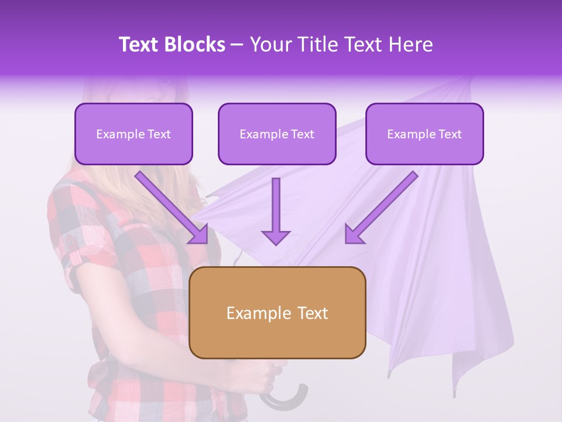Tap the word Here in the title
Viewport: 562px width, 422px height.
point(410,45)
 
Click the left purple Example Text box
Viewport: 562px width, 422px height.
point(133,134)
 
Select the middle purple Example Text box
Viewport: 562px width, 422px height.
point(277,134)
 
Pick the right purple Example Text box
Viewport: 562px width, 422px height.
point(424,134)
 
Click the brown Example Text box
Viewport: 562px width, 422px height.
point(277,313)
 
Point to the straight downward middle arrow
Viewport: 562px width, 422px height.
point(276,211)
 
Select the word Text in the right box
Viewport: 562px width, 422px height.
point(450,134)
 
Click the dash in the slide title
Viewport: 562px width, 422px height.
point(237,45)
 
